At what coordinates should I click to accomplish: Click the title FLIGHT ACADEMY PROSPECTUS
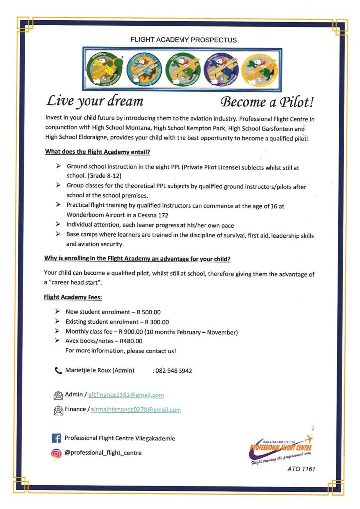pos(183,39)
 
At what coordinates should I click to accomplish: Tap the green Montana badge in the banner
pos(104,69)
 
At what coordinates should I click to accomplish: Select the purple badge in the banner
pos(221,69)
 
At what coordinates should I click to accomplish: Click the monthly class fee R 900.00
pos(133,332)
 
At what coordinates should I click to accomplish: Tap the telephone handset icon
pos(58,370)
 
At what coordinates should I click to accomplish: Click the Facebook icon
pos(56,438)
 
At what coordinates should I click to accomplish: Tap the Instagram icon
pos(56,453)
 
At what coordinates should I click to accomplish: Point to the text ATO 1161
pos(301,469)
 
